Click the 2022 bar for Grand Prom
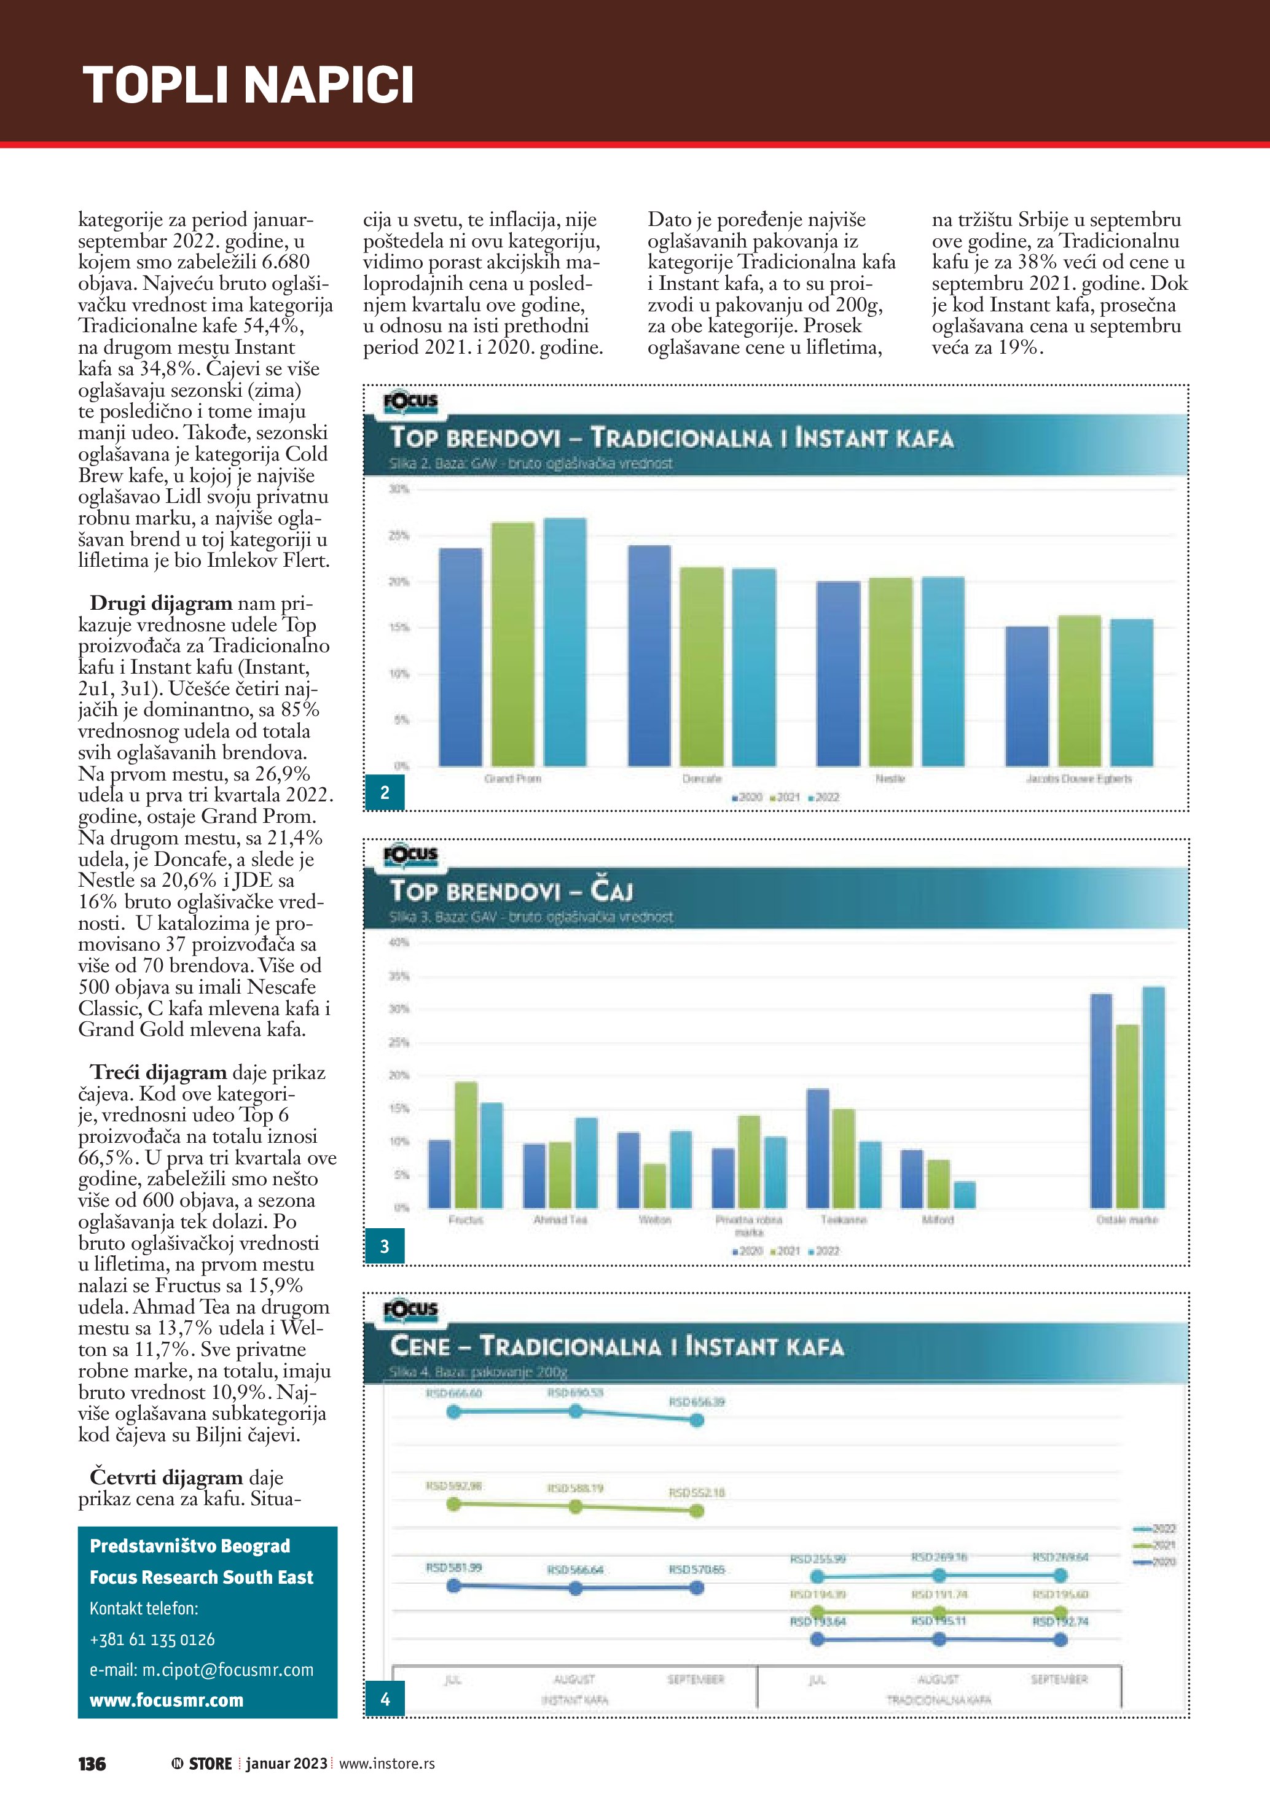(565, 641)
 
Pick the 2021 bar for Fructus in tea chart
(466, 1145)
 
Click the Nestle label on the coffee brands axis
(890, 779)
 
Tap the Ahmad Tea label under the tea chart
(560, 1220)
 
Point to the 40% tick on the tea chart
(399, 943)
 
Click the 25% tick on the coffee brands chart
(399, 536)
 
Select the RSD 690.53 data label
(574, 1392)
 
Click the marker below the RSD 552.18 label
(697, 1511)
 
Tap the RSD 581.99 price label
(453, 1568)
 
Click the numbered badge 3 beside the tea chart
(384, 1246)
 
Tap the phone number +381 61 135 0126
(152, 1640)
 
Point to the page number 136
(92, 1764)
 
